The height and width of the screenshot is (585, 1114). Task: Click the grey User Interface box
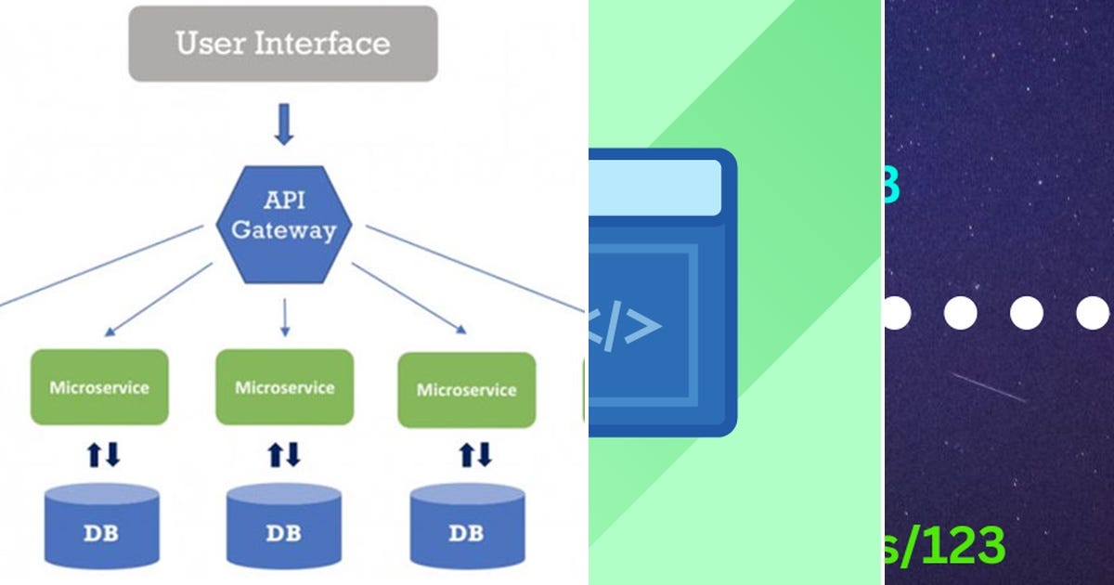(282, 44)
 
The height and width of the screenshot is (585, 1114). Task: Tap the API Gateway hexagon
(283, 223)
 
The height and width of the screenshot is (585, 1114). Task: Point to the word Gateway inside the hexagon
(283, 232)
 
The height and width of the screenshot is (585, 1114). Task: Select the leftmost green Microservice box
(99, 387)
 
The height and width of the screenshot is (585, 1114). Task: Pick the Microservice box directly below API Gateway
(284, 387)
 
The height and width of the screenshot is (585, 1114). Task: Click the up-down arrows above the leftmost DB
(104, 455)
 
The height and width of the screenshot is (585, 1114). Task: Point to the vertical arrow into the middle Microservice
(284, 318)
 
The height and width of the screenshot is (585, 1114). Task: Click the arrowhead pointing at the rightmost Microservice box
(460, 328)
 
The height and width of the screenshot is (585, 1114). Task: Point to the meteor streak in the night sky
(989, 387)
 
